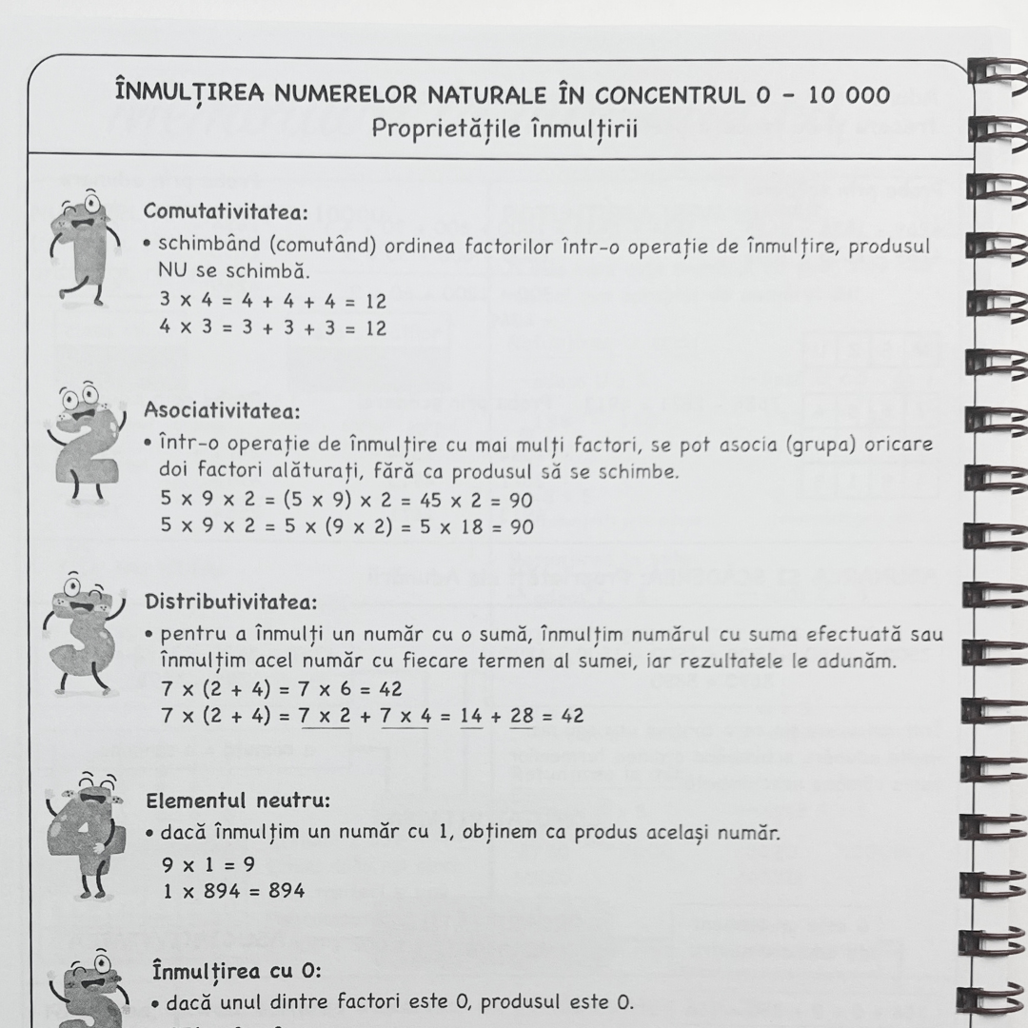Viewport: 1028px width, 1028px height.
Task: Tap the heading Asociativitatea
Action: coord(222,411)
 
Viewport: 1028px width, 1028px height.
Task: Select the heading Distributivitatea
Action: coord(231,602)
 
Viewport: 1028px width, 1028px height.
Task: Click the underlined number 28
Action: coord(522,716)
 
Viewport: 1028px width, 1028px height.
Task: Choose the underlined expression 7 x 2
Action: coord(325,716)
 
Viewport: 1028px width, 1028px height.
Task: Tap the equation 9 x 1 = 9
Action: coord(208,864)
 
